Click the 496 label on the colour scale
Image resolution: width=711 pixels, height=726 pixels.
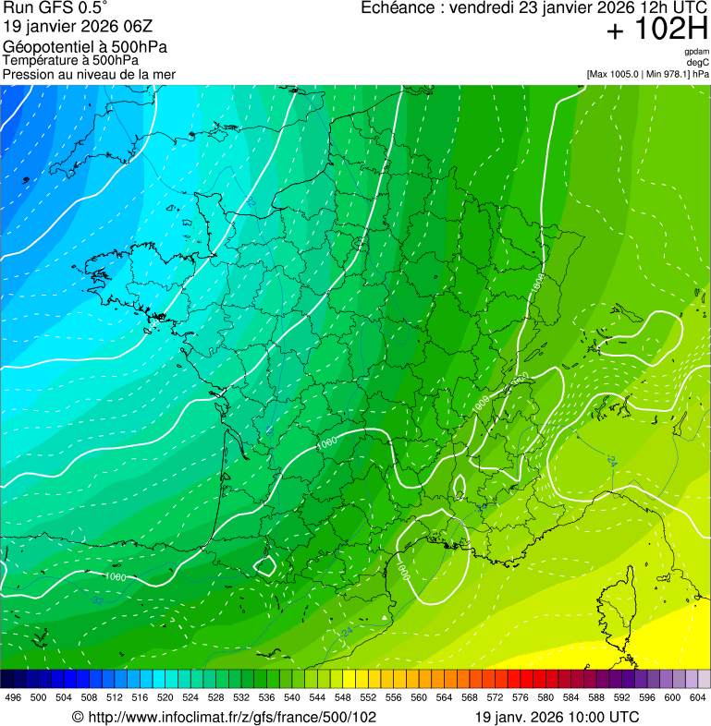(13, 697)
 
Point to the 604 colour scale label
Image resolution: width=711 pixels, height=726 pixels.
(698, 697)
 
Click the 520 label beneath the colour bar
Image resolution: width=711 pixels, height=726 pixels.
(165, 697)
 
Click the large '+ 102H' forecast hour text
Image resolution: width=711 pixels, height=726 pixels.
(656, 30)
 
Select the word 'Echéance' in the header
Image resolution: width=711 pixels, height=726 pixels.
(397, 7)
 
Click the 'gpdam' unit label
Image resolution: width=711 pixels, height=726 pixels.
(696, 52)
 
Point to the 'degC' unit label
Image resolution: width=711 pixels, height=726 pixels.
(698, 62)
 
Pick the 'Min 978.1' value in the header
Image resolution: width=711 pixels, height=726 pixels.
(669, 74)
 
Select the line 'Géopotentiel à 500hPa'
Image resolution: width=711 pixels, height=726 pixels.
(84, 47)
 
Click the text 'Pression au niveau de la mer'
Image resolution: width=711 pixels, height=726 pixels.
(89, 74)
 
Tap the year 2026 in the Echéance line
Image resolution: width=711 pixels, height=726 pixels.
(600, 7)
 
